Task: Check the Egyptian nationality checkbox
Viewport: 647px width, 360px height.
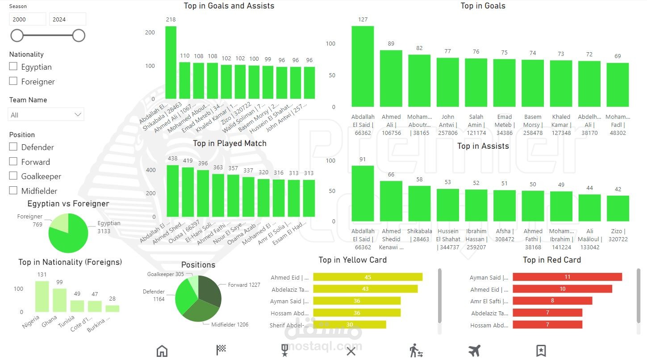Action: pyautogui.click(x=13, y=67)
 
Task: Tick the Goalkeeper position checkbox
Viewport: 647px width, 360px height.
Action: pyautogui.click(x=13, y=176)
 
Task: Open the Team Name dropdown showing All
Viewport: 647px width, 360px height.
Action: pyautogui.click(x=46, y=115)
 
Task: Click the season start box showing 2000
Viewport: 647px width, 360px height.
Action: pyautogui.click(x=28, y=19)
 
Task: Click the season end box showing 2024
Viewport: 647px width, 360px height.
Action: pyautogui.click(x=67, y=19)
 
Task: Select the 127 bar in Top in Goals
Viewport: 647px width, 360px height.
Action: pyautogui.click(x=363, y=67)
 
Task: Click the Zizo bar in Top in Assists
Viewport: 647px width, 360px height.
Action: pyautogui.click(x=618, y=209)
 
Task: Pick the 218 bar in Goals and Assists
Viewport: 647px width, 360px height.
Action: pyautogui.click(x=171, y=63)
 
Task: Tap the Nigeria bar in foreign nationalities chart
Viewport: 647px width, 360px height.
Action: pyautogui.click(x=42, y=297)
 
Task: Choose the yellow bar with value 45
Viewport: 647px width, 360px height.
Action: pyautogui.click(x=367, y=277)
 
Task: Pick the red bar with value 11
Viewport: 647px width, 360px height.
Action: pyautogui.click(x=567, y=277)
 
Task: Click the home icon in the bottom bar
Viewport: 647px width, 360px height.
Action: pyautogui.click(x=162, y=351)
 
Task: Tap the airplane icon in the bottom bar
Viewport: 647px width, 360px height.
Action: pyautogui.click(x=474, y=351)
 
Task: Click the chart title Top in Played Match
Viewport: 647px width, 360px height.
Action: pyautogui.click(x=230, y=143)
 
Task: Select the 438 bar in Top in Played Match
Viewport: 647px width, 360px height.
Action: pyautogui.click(x=172, y=191)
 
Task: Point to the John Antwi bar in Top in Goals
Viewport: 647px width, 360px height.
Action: pyautogui.click(x=447, y=83)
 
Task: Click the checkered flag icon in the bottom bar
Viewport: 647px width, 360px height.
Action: pyautogui.click(x=221, y=351)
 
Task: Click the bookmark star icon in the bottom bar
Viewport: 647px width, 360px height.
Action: pyautogui.click(x=541, y=351)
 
